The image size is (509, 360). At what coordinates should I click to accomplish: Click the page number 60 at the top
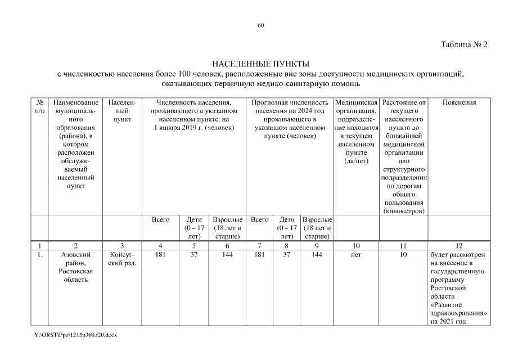coord(260,25)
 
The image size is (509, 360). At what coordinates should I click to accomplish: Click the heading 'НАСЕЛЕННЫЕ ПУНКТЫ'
coord(260,64)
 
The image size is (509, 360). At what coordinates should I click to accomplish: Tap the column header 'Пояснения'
coord(459,102)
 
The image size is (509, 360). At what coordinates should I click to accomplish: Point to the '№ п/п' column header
coord(40,106)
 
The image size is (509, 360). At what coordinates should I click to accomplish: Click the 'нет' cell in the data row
coord(355,255)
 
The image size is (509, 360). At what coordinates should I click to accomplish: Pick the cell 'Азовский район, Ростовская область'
coord(75,267)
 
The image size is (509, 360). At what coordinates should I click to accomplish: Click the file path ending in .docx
coord(75,334)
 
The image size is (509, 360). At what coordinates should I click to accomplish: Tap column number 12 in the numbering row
coord(459,245)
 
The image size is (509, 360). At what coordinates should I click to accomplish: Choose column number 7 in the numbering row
coord(259,245)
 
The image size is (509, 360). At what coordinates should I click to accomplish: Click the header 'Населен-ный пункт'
coord(122,111)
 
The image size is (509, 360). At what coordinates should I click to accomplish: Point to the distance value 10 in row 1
coord(403,255)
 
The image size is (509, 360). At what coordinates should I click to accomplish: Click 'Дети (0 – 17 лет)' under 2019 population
coord(193,228)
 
